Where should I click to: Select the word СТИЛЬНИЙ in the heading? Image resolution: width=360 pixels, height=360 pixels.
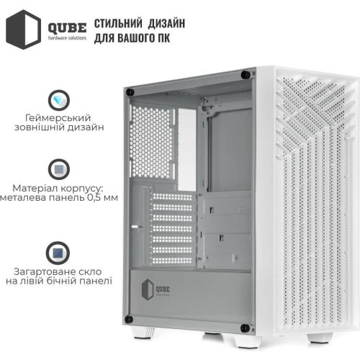pyautogui.click(x=121, y=21)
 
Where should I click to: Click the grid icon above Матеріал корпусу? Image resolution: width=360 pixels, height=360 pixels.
pyautogui.click(x=58, y=168)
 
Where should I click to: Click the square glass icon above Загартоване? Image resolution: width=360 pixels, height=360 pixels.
pyautogui.click(x=58, y=251)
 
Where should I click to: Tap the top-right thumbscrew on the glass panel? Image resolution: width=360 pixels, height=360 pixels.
pyautogui.click(x=249, y=73)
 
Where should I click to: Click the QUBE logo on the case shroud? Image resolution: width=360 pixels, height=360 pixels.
pyautogui.click(x=159, y=289)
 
